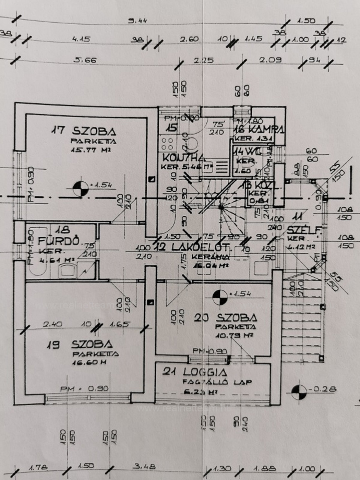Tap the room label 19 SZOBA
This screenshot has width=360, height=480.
point(80,344)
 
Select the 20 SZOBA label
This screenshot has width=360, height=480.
point(226,318)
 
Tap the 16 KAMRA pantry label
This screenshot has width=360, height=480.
point(259,129)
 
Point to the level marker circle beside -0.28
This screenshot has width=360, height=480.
point(299,392)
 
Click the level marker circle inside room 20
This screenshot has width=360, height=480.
point(220,297)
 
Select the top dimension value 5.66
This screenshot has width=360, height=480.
point(85,60)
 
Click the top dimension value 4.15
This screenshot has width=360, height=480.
point(81,39)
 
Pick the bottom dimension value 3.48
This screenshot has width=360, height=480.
point(144,466)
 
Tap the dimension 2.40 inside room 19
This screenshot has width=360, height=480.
point(53,324)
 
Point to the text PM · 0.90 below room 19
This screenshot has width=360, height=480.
point(84,388)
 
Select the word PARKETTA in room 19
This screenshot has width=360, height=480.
point(95,354)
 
